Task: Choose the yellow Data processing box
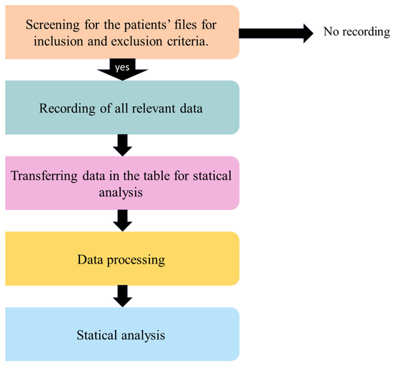click(x=121, y=257)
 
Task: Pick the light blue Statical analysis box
click(x=121, y=334)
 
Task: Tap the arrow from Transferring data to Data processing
click(x=123, y=220)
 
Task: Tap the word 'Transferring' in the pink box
click(x=44, y=176)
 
